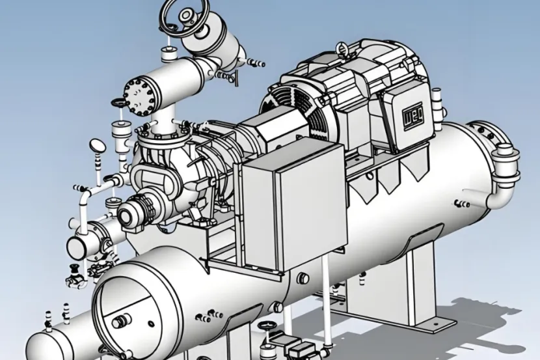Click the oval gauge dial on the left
point(98,146)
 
